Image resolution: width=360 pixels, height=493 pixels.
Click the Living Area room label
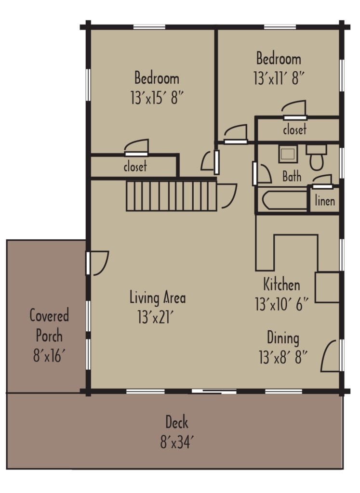pos(157,298)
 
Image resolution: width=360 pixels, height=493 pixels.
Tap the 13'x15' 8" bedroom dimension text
pos(157,98)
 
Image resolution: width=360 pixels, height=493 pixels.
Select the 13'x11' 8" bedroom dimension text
pos(279,79)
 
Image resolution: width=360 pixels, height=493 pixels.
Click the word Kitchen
pos(281,284)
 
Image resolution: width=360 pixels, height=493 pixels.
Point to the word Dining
pos(283,338)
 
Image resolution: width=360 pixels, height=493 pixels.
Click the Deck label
pos(177,423)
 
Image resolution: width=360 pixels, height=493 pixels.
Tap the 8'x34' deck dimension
pos(177,442)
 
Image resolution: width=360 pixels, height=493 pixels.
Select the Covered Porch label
pos(49,325)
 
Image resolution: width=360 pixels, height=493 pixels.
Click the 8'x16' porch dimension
pos(49,357)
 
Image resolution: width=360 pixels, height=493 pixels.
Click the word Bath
pos(292,177)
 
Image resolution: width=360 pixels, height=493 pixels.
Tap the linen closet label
pos(324,201)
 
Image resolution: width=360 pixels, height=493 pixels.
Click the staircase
pos(171,195)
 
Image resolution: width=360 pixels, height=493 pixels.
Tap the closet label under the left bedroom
pos(135,168)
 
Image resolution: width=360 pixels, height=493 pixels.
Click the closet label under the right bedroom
pos(294,130)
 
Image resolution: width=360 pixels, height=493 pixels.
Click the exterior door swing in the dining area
pos(329,356)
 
